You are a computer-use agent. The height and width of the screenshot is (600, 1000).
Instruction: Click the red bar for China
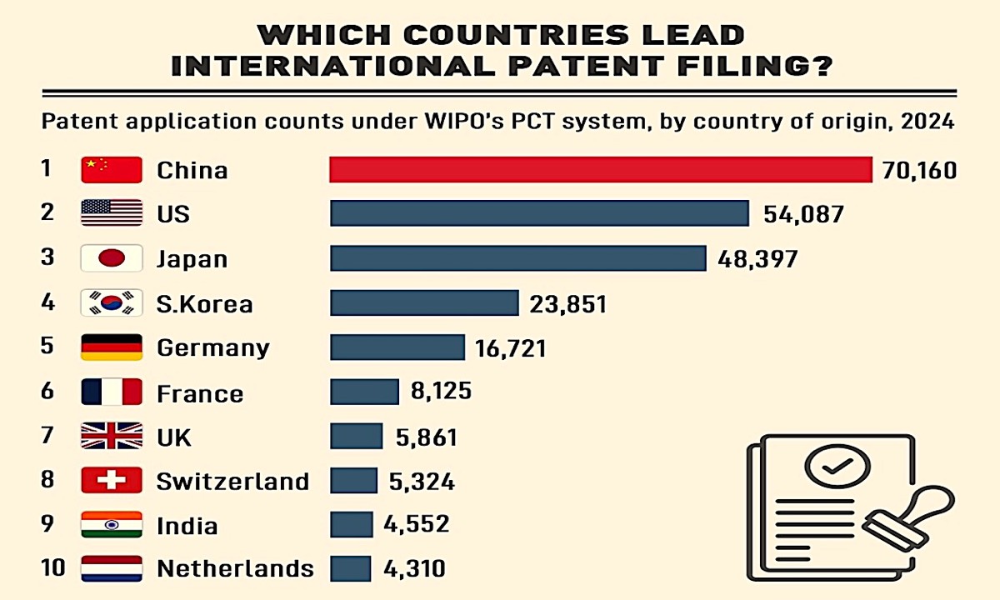pos(600,169)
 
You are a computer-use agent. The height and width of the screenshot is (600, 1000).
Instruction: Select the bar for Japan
pos(517,258)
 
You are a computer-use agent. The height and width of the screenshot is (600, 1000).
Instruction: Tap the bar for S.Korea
pos(424,302)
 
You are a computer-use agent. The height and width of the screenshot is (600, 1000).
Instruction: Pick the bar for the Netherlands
pos(351,569)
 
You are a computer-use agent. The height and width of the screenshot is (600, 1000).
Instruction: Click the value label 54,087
pos(803,214)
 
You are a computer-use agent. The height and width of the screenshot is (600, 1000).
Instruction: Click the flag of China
pos(112,170)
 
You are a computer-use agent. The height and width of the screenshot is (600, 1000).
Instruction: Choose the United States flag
pos(112,214)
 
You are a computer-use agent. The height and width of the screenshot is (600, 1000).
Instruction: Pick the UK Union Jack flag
pos(112,436)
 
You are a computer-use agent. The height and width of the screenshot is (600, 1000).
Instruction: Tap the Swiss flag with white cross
pos(112,480)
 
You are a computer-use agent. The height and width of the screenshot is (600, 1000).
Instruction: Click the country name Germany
pos(213,347)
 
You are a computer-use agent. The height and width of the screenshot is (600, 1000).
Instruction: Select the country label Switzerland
pos(232,481)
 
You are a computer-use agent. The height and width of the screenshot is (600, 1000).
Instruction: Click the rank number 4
pos(47,302)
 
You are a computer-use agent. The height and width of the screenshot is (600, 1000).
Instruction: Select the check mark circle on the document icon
pos(837,467)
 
